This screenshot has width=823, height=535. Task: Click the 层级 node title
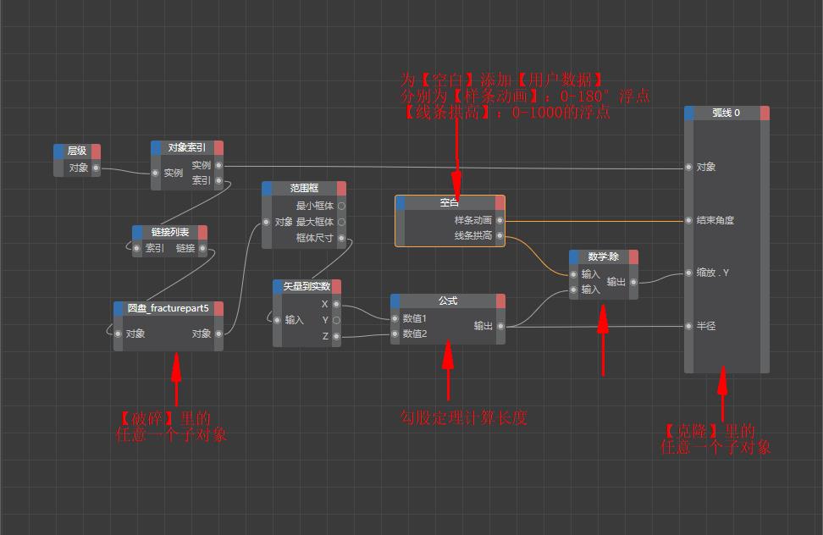(76, 151)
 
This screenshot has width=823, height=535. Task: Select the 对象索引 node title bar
(186, 147)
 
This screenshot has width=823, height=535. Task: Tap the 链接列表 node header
(170, 232)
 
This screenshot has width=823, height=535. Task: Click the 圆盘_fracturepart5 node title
(168, 308)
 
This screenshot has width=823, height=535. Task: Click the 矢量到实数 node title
(307, 286)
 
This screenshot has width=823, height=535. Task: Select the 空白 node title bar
(449, 202)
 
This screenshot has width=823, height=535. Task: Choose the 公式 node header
(447, 301)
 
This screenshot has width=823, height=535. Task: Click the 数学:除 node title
(603, 256)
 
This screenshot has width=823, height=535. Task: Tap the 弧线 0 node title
(726, 113)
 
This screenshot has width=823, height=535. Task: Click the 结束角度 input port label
(715, 220)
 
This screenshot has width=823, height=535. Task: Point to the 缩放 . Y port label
(713, 273)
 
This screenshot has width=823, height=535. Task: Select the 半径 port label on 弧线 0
(706, 326)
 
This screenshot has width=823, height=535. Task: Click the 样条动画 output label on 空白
(472, 220)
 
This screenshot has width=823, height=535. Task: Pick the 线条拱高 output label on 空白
(472, 236)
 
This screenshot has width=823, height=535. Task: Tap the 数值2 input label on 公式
(414, 334)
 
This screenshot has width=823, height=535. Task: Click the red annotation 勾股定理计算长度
(463, 417)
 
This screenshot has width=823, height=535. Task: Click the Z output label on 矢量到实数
(325, 336)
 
